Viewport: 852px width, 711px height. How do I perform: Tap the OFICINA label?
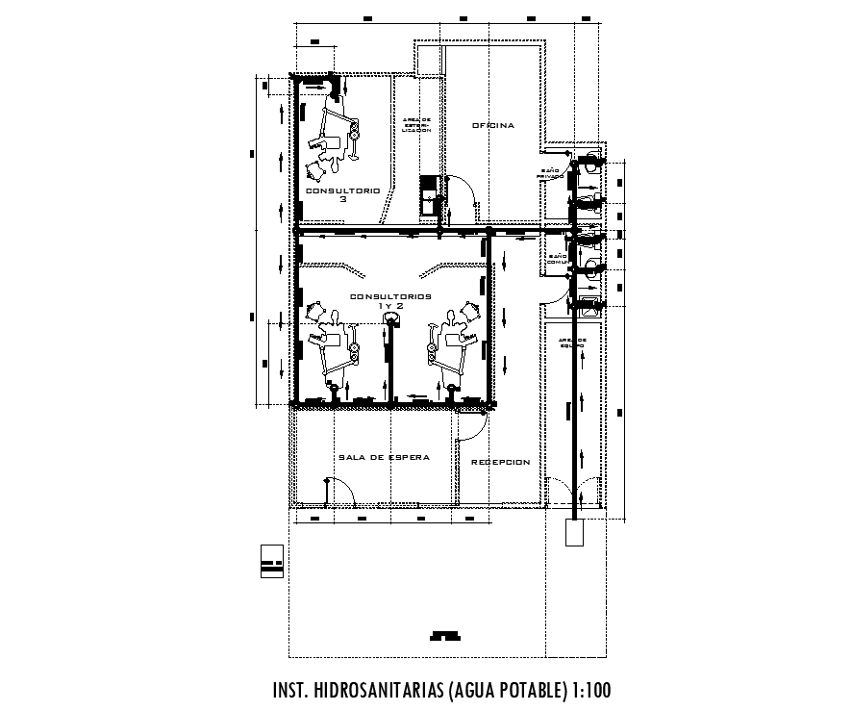point(492,125)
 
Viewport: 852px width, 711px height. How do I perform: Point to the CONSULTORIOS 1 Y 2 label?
point(390,300)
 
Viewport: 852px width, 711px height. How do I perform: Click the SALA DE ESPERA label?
point(382,457)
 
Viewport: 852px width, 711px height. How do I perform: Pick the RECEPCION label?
point(500,463)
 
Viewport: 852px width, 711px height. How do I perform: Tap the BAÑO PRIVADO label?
point(551,173)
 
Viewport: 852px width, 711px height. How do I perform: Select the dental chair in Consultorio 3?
point(337,130)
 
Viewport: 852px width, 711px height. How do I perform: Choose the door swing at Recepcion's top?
point(471,423)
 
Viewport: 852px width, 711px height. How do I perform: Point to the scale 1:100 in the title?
point(589,691)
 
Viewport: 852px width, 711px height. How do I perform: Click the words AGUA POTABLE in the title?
point(502,691)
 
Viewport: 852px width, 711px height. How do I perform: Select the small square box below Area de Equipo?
point(574,532)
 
